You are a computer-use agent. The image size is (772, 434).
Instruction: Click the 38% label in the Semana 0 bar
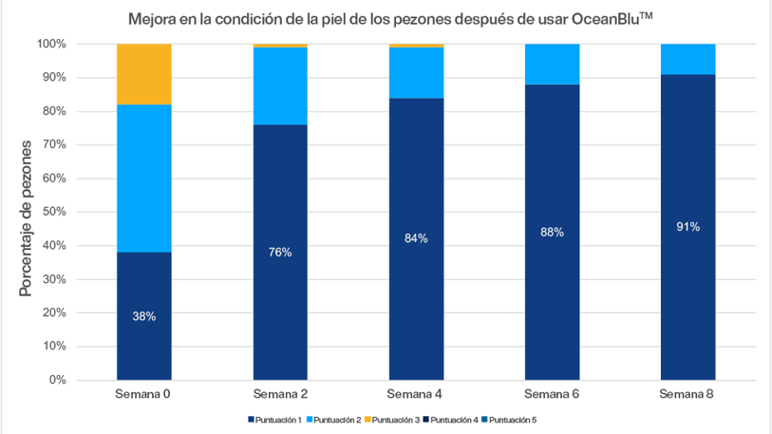[144, 316]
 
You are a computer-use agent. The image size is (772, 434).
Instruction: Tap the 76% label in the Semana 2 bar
[280, 253]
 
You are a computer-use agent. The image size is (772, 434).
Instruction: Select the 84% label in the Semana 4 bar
[416, 238]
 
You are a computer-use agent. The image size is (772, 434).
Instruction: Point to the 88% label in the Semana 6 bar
[552, 232]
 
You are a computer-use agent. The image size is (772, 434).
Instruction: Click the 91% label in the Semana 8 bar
[688, 227]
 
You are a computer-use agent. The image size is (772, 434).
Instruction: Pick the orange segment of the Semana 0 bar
[144, 74]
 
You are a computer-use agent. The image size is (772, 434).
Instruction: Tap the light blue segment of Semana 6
[552, 64]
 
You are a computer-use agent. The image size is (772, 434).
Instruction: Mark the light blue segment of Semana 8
[688, 59]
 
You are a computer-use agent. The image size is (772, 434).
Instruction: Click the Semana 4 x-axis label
[416, 393]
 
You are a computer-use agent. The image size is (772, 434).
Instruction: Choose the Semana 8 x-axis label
[688, 393]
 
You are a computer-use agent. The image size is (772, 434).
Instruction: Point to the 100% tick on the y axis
[51, 44]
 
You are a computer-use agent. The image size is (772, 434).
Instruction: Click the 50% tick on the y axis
[53, 212]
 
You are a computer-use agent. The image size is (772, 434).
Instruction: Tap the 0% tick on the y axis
[58, 380]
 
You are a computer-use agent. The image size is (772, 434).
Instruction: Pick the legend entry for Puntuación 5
[511, 419]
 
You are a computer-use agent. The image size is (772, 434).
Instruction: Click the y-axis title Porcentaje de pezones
[26, 217]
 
